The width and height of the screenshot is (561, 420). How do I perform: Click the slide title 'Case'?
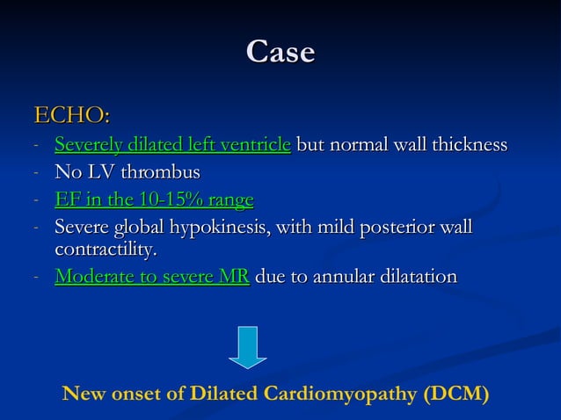(280, 52)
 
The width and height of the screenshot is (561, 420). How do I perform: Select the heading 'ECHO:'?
(71, 115)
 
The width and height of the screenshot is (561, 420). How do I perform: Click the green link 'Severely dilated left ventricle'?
(172, 145)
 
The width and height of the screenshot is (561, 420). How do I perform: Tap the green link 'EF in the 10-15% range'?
(154, 200)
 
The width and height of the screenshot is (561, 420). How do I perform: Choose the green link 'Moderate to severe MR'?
(152, 278)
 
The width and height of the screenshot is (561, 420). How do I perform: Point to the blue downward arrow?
(248, 347)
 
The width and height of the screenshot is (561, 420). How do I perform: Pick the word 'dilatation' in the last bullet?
(413, 278)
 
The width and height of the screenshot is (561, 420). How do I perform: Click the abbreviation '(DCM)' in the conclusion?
(455, 394)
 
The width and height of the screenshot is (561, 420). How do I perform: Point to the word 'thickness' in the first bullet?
(468, 145)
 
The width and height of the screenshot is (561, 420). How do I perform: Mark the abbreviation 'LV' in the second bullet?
(100, 171)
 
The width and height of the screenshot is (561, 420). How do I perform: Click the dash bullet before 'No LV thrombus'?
(34, 173)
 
